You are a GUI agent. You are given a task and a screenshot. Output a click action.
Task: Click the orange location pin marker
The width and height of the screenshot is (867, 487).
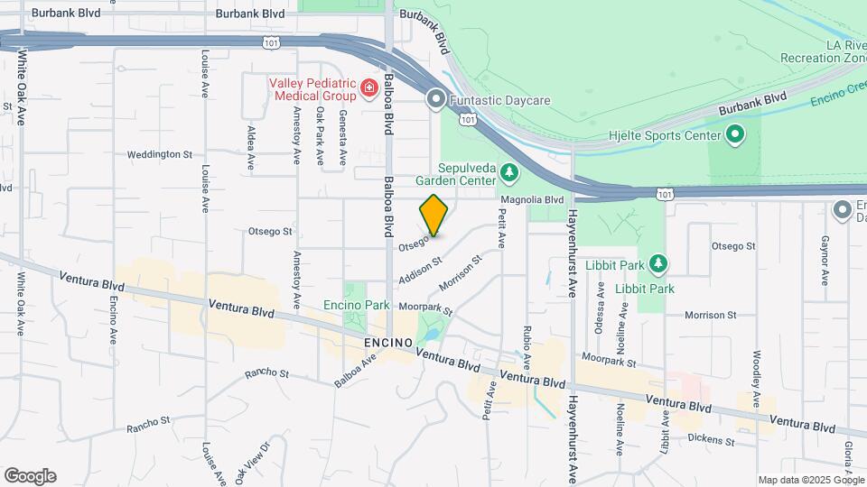[x=434, y=215]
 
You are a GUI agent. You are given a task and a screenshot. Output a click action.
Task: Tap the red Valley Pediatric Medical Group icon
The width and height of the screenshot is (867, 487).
[x=368, y=87]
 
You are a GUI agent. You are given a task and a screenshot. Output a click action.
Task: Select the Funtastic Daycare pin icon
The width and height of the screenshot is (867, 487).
[x=436, y=98]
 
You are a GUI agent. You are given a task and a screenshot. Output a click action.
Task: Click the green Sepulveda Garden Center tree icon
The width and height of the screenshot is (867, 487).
[x=509, y=170]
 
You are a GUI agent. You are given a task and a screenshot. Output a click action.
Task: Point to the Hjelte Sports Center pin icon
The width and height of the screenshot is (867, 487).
[x=735, y=136]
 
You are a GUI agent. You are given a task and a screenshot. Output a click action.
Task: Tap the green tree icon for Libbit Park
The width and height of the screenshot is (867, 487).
[x=659, y=262]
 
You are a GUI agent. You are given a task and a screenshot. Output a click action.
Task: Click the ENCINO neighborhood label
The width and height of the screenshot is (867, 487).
[x=388, y=344]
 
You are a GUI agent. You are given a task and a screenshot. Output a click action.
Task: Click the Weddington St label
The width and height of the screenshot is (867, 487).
[x=160, y=154]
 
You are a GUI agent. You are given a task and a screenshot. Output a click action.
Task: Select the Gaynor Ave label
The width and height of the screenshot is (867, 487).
[x=825, y=260]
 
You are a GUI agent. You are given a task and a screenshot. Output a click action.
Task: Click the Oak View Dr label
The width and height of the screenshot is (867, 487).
[x=253, y=458]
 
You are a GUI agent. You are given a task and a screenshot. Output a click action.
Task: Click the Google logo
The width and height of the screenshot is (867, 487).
[x=29, y=476]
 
